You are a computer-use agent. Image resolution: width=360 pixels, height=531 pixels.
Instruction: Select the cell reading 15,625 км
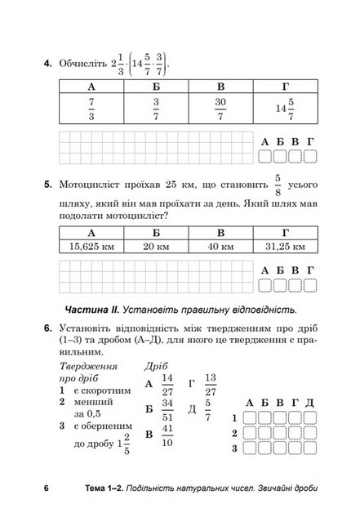(x=91, y=245)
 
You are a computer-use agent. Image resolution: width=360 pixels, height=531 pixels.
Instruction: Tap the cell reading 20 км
(x=156, y=245)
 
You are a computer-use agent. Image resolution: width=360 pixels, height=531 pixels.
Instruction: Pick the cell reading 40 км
(x=220, y=245)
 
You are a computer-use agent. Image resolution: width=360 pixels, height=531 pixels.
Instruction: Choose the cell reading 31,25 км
(x=283, y=245)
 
